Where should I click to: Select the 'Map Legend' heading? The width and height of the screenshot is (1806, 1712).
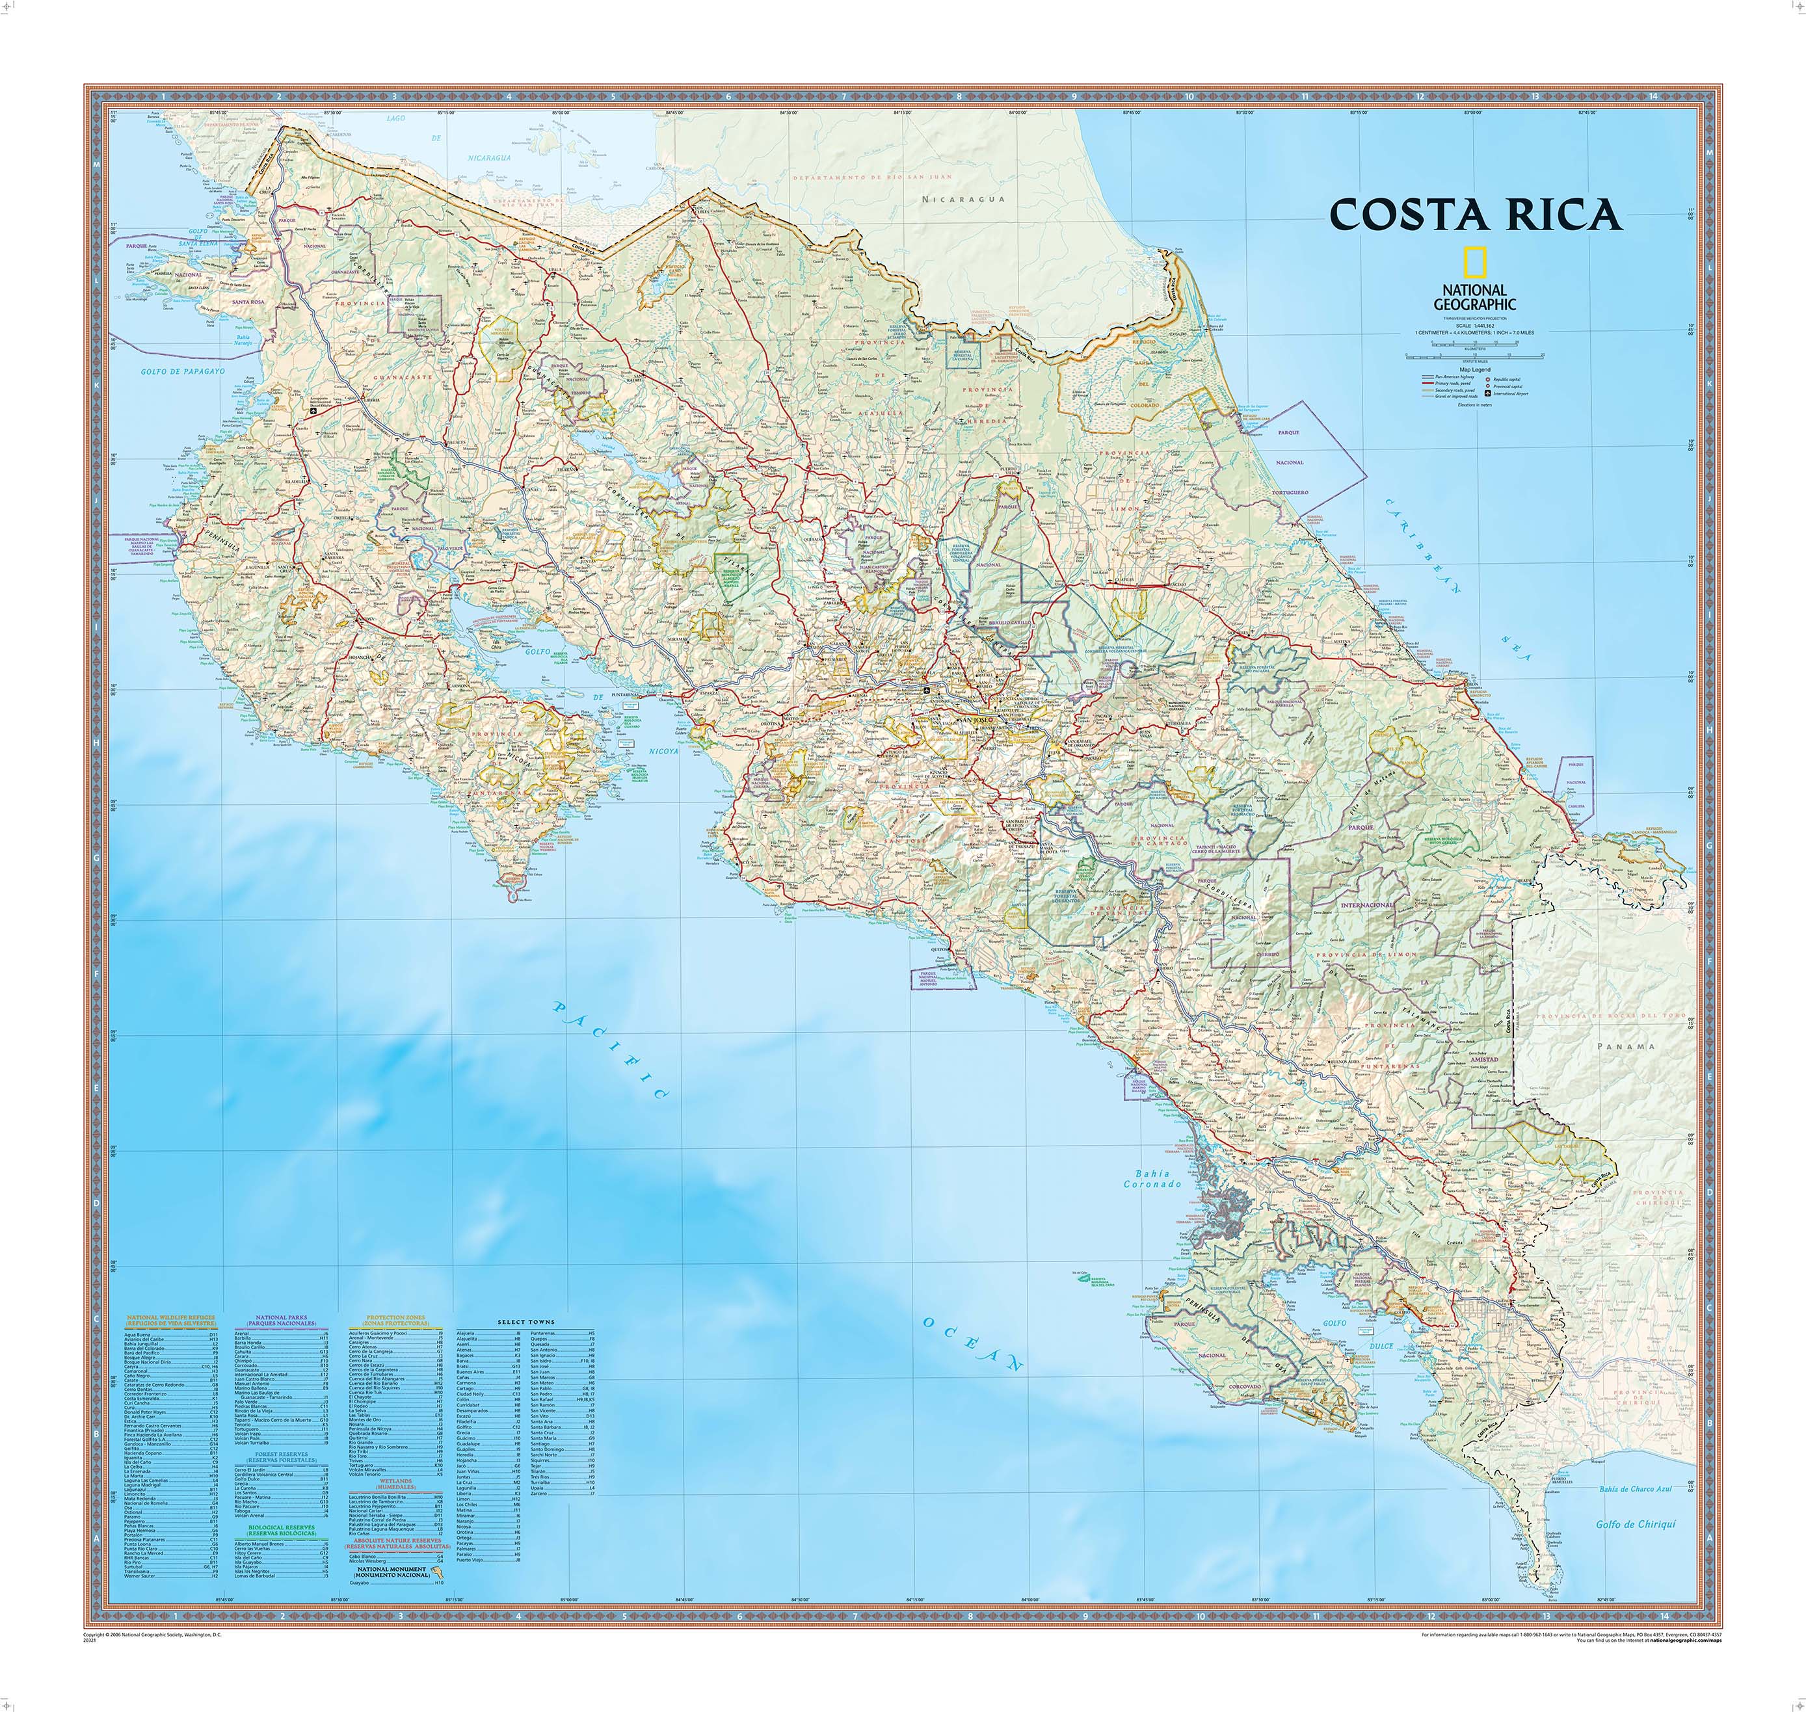1476,369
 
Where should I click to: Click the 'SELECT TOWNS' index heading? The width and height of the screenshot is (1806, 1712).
527,1323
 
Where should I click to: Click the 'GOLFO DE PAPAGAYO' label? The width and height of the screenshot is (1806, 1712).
183,373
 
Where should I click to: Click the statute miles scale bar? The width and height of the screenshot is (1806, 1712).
1476,358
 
